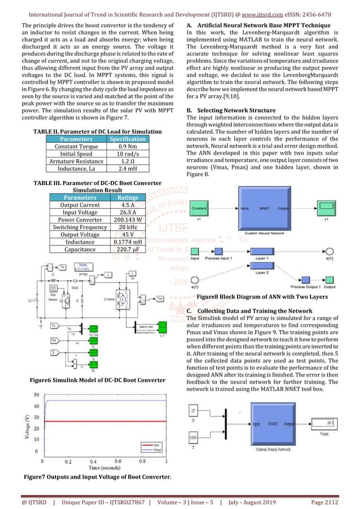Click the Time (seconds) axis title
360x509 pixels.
pos(95,467)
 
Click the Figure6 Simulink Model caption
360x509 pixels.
pos(97,380)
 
